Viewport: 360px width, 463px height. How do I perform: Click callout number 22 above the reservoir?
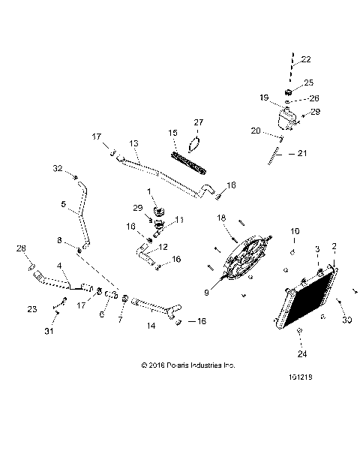click(305, 60)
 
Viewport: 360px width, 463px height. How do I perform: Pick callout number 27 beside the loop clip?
click(198, 122)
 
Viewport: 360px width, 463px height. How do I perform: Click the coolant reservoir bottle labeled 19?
click(284, 117)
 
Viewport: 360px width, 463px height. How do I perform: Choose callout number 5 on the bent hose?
click(63, 204)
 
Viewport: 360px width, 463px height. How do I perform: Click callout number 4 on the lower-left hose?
click(59, 266)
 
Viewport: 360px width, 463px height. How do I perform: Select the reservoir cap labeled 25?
click(286, 92)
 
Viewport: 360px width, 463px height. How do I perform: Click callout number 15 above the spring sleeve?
click(172, 133)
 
